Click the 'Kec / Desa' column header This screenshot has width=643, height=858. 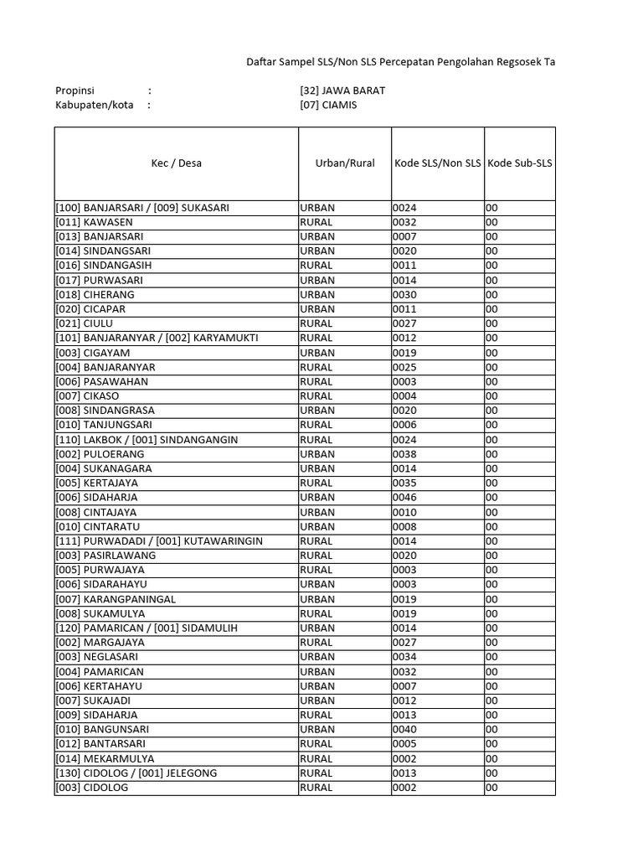[x=176, y=163]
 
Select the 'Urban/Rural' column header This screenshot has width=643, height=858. [x=339, y=163]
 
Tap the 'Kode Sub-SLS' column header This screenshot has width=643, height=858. [x=519, y=163]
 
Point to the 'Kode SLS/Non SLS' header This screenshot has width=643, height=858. [x=437, y=163]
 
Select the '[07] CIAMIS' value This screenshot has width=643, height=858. [x=327, y=106]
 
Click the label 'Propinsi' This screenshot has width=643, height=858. [x=75, y=90]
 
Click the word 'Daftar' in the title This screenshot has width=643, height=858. [x=261, y=62]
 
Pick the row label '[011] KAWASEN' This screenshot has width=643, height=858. [x=94, y=222]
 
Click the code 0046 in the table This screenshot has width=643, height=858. [x=404, y=498]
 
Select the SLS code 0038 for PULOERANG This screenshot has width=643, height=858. [x=404, y=454]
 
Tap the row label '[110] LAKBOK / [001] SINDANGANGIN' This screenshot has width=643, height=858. [x=147, y=440]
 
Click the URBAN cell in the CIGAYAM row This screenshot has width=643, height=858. [x=317, y=353]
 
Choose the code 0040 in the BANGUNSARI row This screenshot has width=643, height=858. [x=404, y=730]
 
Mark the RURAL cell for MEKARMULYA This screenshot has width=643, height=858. [x=316, y=759]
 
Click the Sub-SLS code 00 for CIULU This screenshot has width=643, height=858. [x=491, y=323]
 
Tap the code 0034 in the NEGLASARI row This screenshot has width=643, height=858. [x=404, y=657]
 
